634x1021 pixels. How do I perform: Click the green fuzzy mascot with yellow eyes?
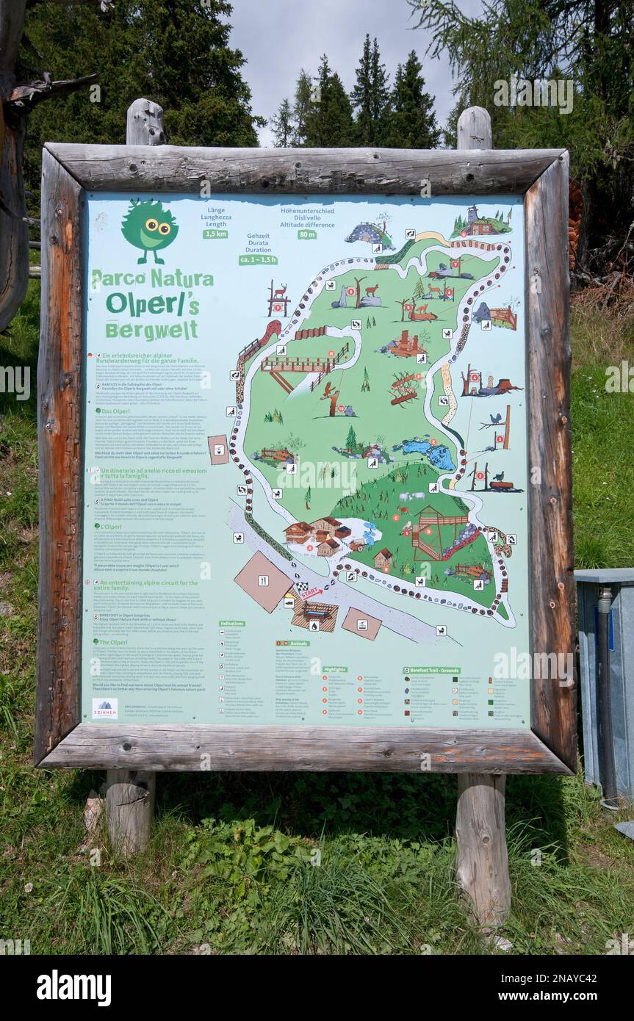pyautogui.click(x=150, y=228)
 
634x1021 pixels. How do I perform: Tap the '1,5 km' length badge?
pyautogui.click(x=215, y=234)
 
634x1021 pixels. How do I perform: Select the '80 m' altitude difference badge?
pyautogui.click(x=307, y=234)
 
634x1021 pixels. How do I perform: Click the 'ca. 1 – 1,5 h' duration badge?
pyautogui.click(x=258, y=259)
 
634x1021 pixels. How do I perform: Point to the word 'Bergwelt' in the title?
pyautogui.click(x=151, y=330)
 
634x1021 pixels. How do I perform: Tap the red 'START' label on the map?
pyautogui.click(x=310, y=591)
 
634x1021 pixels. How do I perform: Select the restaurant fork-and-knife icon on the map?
pyautogui.click(x=262, y=581)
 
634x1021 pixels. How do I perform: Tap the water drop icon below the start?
pyautogui.click(x=314, y=625)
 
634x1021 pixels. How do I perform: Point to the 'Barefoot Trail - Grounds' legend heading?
pyautogui.click(x=431, y=670)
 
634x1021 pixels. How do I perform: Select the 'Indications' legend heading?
pyautogui.click(x=232, y=623)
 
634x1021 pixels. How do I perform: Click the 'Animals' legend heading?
pyautogui.click(x=293, y=643)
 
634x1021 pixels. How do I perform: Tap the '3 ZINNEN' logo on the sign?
pyautogui.click(x=104, y=708)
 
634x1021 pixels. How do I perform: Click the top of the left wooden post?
pyautogui.click(x=145, y=109)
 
